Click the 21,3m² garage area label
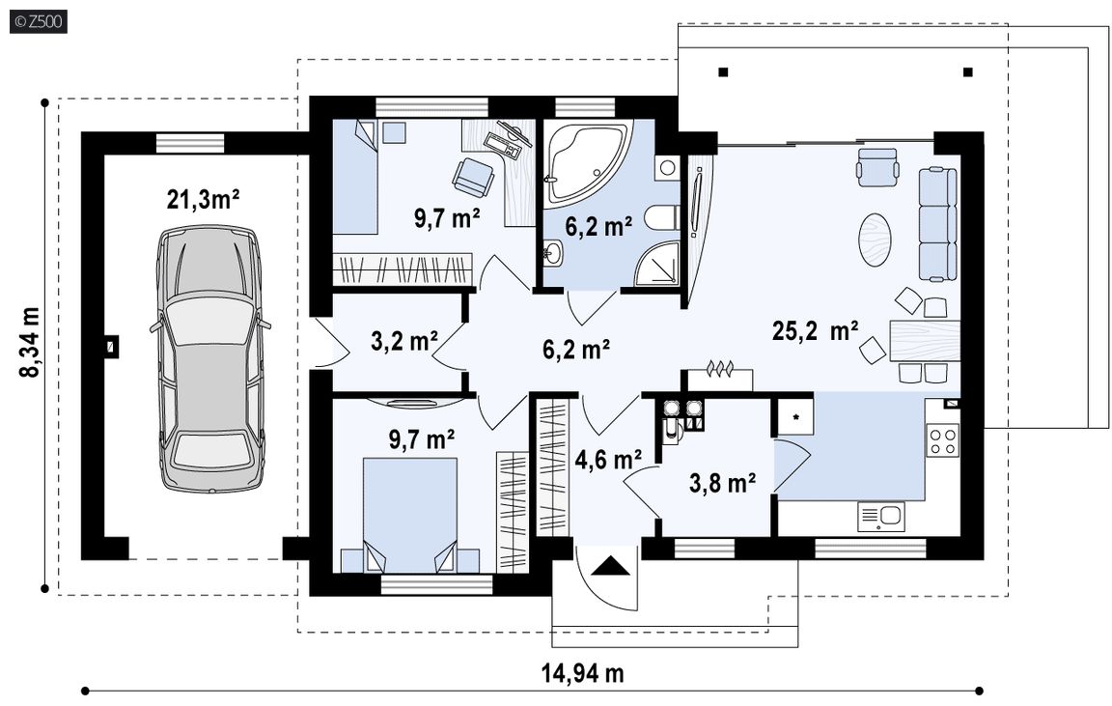(203, 200)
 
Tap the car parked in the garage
(210, 358)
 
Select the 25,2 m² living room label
(815, 330)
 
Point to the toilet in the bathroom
(662, 218)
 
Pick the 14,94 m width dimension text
(583, 672)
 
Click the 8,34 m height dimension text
(31, 342)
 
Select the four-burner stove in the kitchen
(943, 439)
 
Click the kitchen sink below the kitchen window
(880, 517)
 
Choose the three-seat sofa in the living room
(938, 223)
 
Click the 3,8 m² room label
(722, 483)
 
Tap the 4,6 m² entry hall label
(608, 460)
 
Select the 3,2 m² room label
(404, 341)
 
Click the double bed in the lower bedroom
(410, 515)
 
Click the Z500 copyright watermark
(39, 21)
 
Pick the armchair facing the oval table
(878, 167)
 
